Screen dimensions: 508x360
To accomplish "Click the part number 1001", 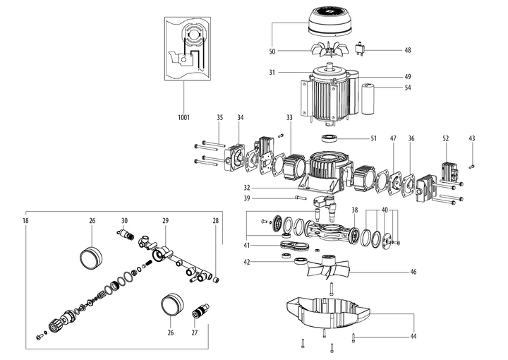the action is click(x=183, y=117).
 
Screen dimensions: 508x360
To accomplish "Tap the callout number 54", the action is click(x=408, y=88).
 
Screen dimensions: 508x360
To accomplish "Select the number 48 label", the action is click(x=408, y=50).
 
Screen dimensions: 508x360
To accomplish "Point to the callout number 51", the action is click(x=373, y=138).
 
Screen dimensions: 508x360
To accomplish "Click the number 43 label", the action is click(x=472, y=138).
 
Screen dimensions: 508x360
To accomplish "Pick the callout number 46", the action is click(x=413, y=272).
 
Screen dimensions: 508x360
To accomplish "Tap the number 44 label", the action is click(x=413, y=337).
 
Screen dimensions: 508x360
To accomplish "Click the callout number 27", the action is click(x=195, y=332).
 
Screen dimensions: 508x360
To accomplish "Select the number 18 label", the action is click(x=25, y=221).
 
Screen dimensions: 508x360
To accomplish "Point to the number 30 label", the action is click(x=124, y=221).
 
